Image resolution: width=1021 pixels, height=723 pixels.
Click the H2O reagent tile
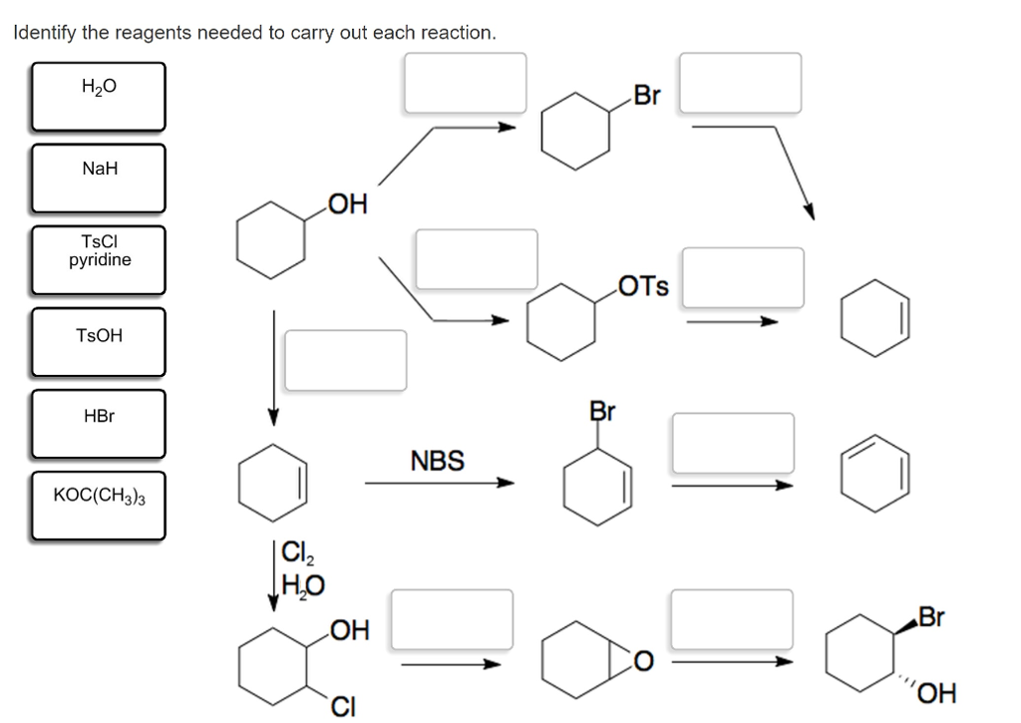(x=98, y=96)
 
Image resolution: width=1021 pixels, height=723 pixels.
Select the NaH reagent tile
(x=98, y=177)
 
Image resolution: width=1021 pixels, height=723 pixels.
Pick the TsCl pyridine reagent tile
(x=98, y=258)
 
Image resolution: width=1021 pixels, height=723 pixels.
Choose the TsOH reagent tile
(x=98, y=340)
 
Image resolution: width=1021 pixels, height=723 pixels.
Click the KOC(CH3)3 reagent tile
(x=98, y=505)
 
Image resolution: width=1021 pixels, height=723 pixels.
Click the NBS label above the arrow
(x=437, y=461)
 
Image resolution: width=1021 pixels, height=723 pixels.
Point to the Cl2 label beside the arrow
(x=296, y=551)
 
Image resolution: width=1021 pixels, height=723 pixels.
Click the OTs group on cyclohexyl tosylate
(x=643, y=287)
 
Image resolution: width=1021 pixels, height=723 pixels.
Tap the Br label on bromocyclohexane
(x=647, y=97)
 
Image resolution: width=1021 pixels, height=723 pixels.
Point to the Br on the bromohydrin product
(x=930, y=617)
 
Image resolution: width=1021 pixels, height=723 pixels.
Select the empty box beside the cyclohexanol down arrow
(x=346, y=360)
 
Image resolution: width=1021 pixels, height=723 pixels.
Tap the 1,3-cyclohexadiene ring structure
(x=874, y=472)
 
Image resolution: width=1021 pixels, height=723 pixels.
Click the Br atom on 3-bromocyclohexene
(x=602, y=411)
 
